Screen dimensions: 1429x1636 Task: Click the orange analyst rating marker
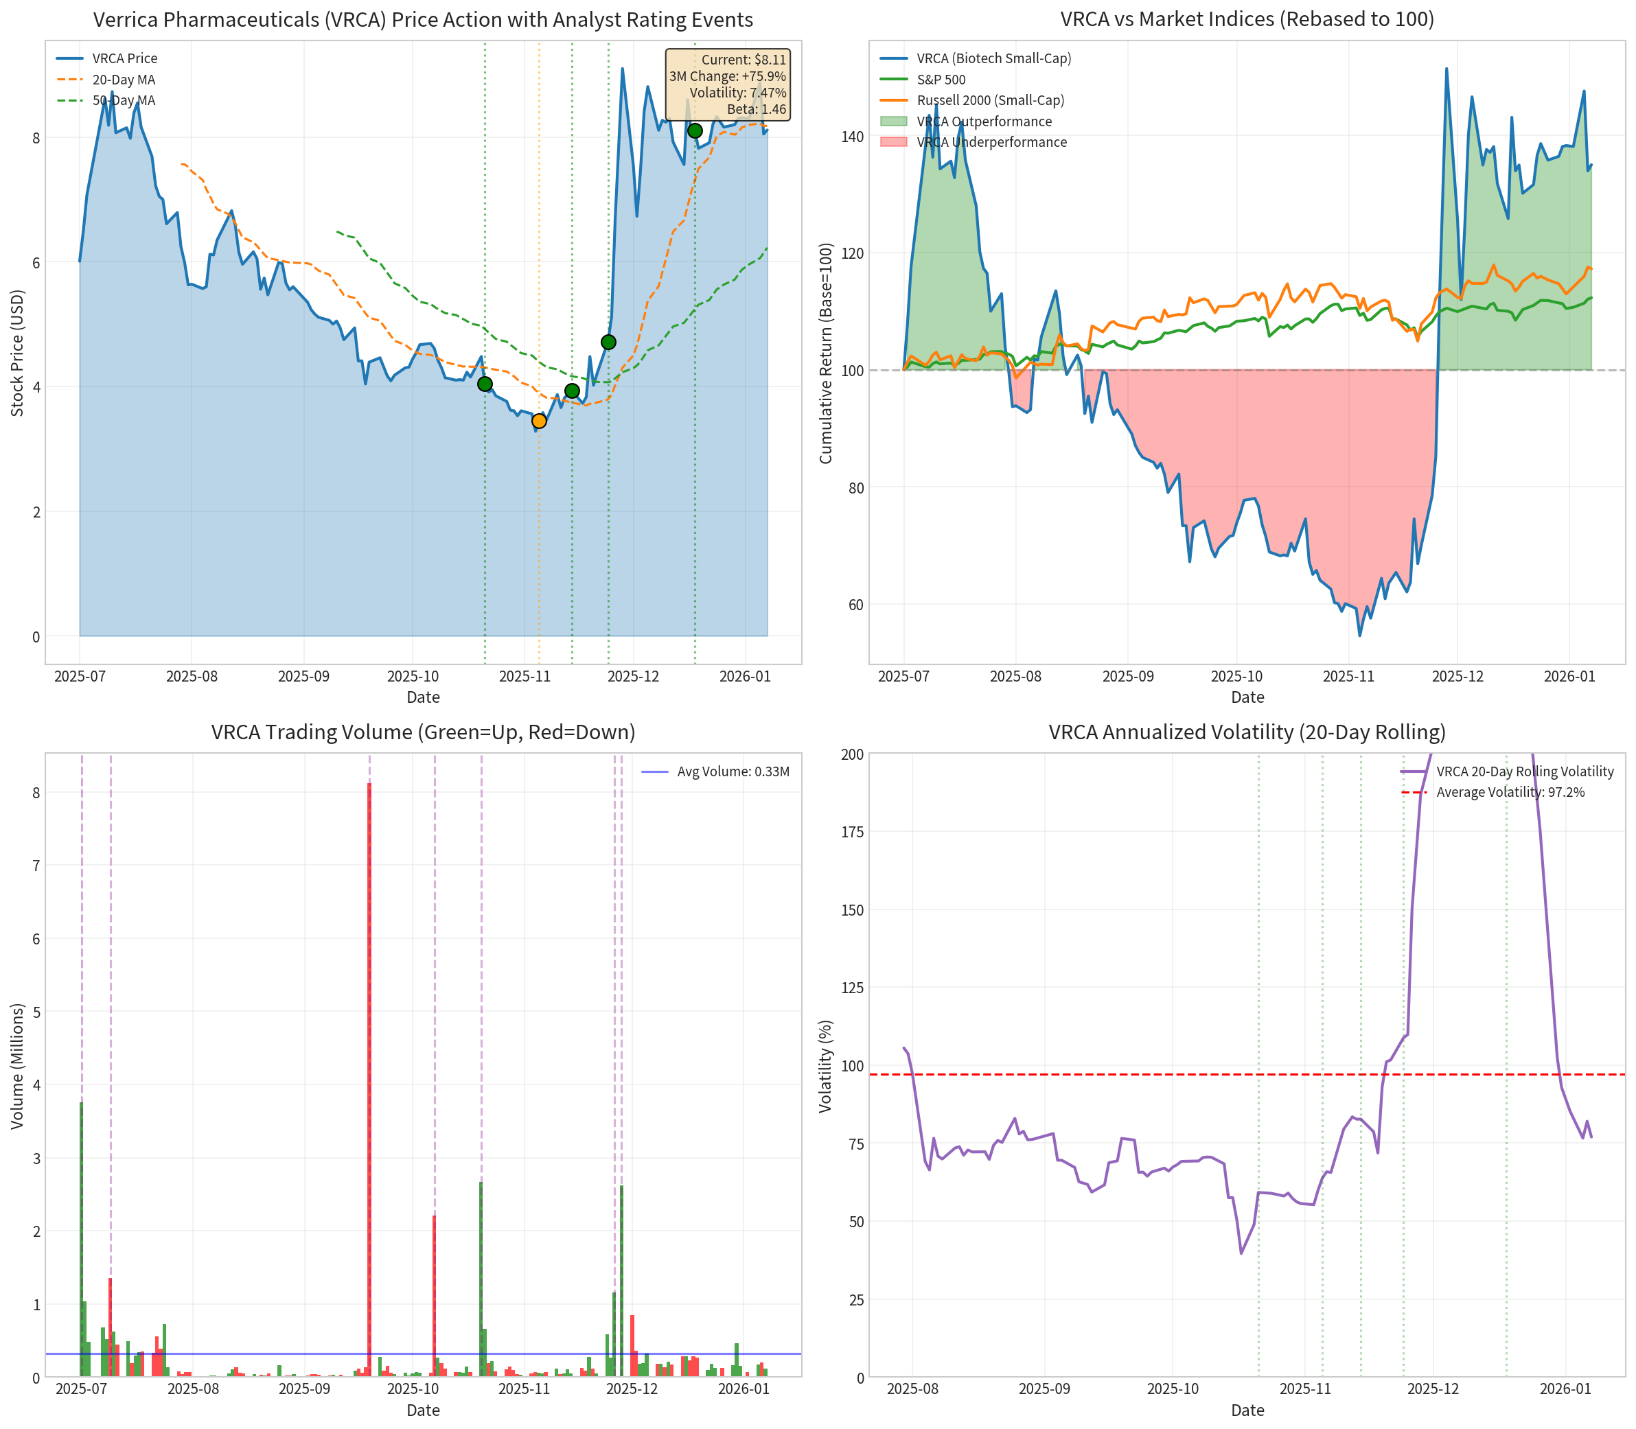coord(539,421)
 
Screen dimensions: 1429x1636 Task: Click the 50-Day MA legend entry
coord(124,100)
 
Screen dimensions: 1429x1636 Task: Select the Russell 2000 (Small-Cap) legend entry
coord(990,100)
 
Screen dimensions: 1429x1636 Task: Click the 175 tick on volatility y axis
coord(852,832)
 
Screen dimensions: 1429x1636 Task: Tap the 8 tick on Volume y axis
coord(36,792)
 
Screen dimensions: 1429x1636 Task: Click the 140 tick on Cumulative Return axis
coord(852,137)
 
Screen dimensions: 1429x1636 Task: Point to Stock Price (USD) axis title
coord(18,353)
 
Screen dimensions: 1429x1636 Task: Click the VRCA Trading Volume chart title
coord(423,732)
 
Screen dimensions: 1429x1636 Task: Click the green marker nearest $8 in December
coord(695,131)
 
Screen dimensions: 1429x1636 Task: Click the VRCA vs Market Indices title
coord(1247,19)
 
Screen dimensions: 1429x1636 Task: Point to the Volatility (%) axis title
coord(826,1066)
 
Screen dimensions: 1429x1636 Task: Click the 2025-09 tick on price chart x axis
coord(303,676)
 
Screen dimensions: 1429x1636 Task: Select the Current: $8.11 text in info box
coord(744,60)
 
